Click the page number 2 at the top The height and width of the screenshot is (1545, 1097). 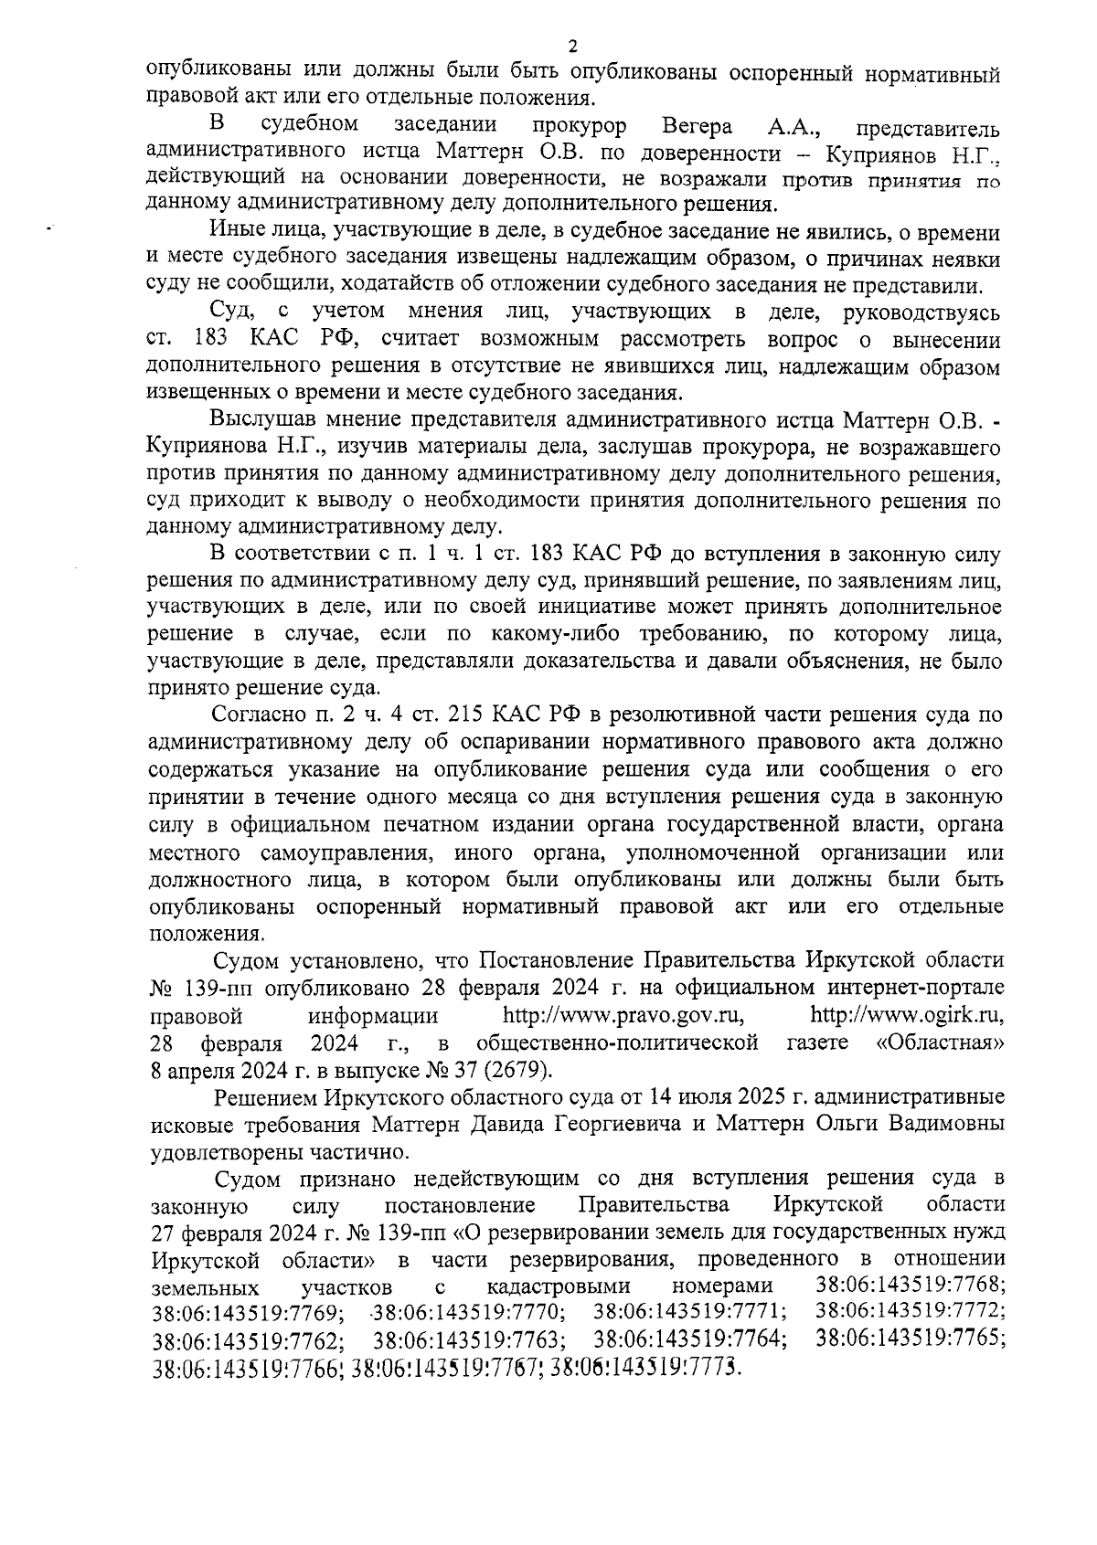[x=573, y=47]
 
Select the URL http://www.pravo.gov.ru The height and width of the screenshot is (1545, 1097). [x=623, y=1015]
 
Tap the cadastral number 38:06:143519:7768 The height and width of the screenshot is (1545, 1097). [x=910, y=1286]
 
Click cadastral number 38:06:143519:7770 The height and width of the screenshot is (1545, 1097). [x=469, y=1313]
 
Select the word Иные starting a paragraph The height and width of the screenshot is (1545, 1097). [x=232, y=231]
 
